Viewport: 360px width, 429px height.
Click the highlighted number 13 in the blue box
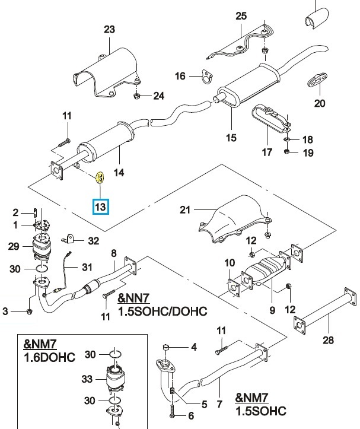coord(100,206)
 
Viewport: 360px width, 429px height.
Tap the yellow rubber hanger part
coord(100,177)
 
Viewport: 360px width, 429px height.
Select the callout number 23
coord(109,29)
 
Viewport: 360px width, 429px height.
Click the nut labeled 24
coord(137,96)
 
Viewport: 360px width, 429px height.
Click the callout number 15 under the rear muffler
coord(231,137)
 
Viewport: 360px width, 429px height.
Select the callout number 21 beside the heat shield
coord(185,210)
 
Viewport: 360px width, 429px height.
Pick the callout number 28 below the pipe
coord(328,340)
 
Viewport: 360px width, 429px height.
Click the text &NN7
coord(134,298)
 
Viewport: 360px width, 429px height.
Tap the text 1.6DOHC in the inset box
coord(49,357)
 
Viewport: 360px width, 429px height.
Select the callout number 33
coord(87,379)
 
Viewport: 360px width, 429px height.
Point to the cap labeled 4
coord(165,348)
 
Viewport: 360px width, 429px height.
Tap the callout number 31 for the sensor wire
coord(87,267)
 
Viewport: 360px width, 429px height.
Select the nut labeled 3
coord(29,312)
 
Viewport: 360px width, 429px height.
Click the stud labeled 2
coord(36,212)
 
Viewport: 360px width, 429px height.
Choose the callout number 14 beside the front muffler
coord(119,173)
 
